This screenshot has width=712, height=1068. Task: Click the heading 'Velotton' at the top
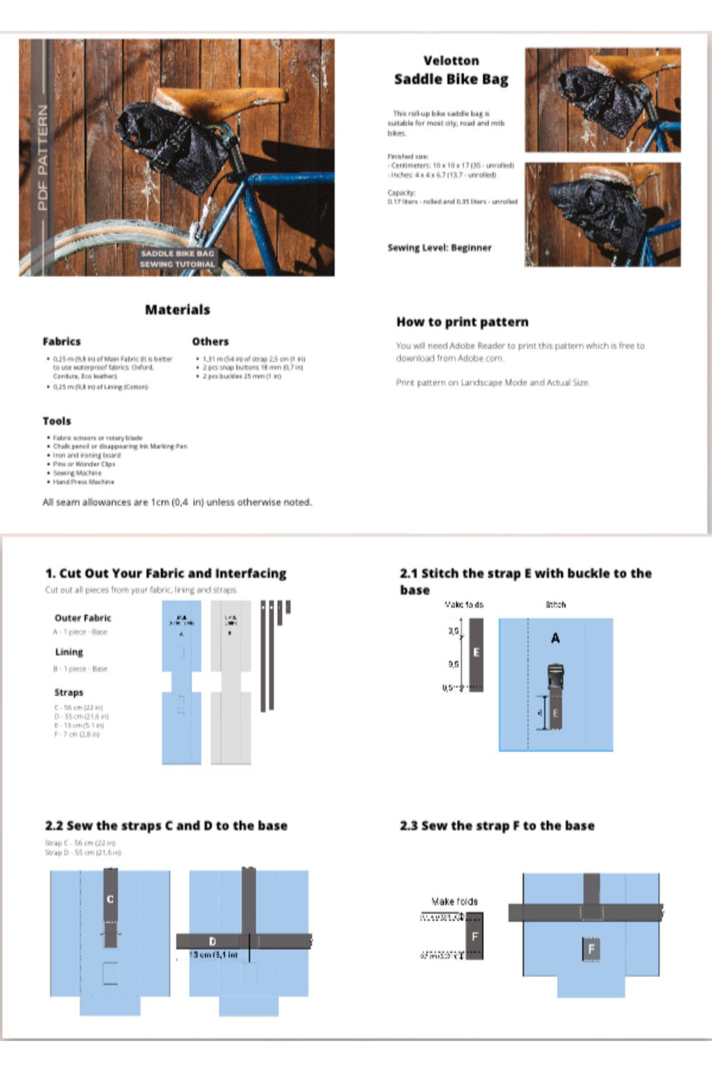(451, 61)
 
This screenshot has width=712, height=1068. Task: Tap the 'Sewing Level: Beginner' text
(439, 247)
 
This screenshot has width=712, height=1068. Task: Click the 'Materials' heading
(177, 310)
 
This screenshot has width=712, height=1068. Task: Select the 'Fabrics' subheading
(61, 342)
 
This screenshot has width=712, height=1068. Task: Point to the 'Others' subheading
(210, 342)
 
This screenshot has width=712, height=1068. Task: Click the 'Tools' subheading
(57, 421)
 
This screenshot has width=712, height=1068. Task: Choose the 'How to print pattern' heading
(462, 322)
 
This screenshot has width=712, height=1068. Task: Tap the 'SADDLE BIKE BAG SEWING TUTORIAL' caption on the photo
(177, 259)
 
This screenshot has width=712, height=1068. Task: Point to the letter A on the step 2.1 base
(555, 638)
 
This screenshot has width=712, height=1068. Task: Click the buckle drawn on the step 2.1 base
(555, 678)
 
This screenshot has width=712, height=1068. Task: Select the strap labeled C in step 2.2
(110, 899)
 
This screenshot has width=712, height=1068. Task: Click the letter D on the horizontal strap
(212, 941)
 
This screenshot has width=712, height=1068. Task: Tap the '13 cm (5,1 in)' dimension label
(213, 955)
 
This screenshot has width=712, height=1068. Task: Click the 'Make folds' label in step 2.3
(455, 901)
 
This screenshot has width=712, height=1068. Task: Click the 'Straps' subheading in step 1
(69, 693)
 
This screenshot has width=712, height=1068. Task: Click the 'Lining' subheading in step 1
(69, 652)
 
